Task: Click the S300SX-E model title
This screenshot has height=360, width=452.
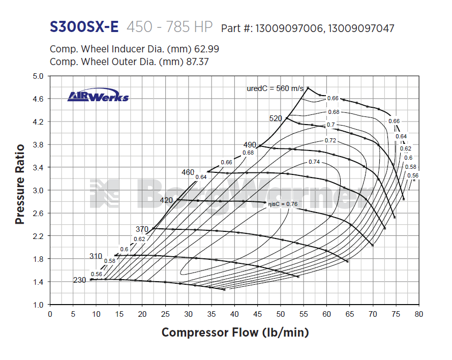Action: coord(84,27)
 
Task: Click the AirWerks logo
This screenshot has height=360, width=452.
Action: coord(98,97)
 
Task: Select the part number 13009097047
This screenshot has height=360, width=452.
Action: coord(360,28)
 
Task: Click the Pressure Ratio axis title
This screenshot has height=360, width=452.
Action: coord(20,184)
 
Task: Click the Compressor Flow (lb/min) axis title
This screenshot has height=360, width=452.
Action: coord(235,333)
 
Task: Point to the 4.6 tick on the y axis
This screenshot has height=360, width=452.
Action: coord(38,99)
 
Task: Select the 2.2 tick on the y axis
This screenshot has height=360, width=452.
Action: coord(38,236)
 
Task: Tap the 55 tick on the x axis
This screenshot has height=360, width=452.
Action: coord(304,314)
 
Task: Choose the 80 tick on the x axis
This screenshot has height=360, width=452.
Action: coord(418,314)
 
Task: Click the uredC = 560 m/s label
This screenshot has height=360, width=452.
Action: coord(275,88)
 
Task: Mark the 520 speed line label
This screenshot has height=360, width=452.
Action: coord(276,118)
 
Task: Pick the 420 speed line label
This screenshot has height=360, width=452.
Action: coord(166,200)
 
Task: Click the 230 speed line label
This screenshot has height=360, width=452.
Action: coord(80,280)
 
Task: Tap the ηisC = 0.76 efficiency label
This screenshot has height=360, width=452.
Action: coord(283,203)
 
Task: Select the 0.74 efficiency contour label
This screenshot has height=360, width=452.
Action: coord(314,162)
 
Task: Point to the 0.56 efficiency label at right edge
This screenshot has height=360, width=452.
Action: coord(413,175)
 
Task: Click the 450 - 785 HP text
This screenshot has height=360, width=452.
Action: coord(170,27)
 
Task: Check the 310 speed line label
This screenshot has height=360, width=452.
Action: coord(96,256)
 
